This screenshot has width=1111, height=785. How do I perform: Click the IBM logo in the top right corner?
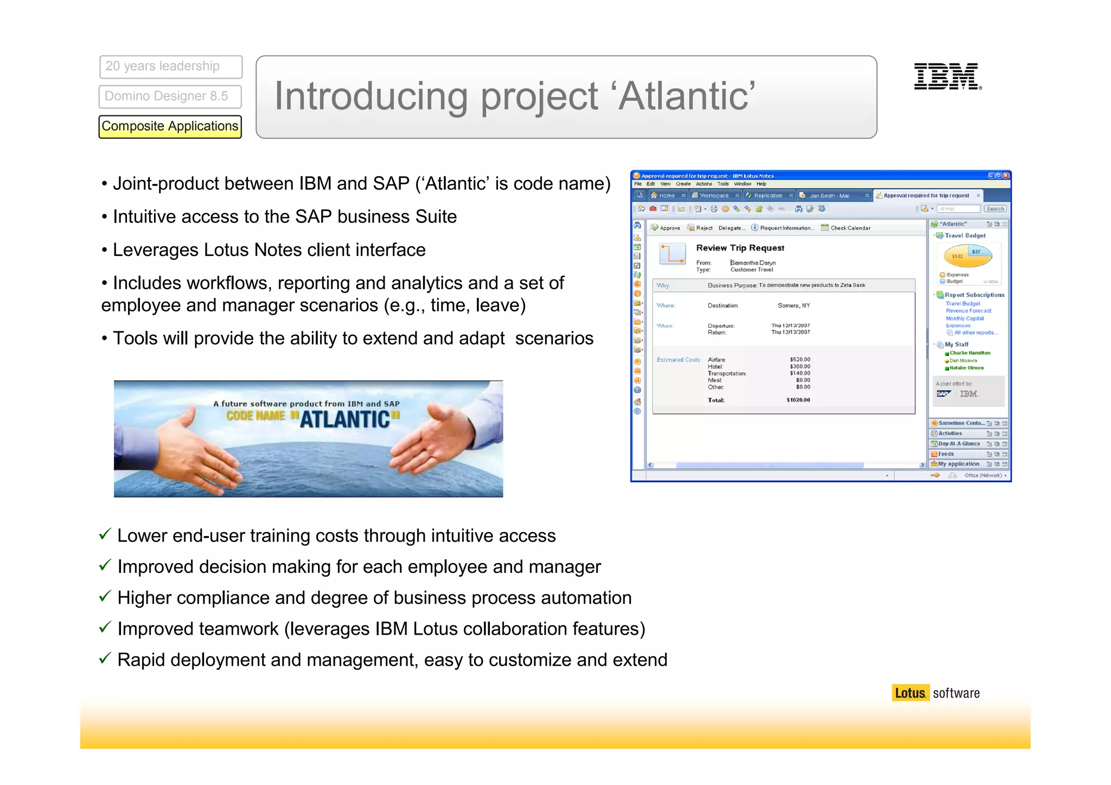tap(947, 76)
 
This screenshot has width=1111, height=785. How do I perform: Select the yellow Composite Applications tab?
tap(170, 126)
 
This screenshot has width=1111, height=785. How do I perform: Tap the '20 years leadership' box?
tap(170, 67)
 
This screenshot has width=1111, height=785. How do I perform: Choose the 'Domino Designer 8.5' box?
tap(170, 97)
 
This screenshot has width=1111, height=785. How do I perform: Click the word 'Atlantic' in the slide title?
tap(686, 96)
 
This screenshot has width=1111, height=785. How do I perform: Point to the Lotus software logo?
tap(937, 693)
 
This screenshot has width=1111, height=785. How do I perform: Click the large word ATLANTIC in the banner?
tap(345, 419)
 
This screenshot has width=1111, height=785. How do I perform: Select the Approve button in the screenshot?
tap(666, 228)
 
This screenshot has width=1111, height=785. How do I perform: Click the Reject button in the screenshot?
tap(700, 228)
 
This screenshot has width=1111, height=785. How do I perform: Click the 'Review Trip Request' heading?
tap(740, 248)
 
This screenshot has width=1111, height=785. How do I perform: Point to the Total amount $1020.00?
tap(798, 400)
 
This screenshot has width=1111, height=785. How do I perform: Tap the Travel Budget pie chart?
tap(968, 256)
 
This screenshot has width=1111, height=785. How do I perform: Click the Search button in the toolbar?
tap(995, 209)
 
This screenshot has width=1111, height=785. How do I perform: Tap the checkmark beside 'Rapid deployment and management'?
tap(105, 659)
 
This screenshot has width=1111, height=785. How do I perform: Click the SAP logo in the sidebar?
tap(943, 394)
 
